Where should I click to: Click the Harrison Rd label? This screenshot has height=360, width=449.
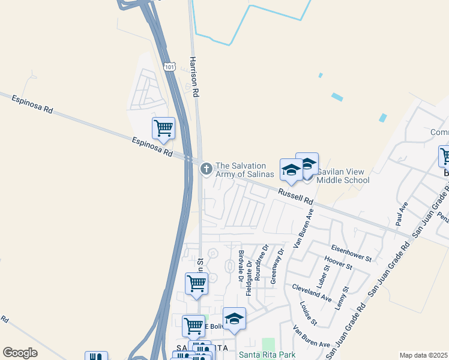[x=194, y=77]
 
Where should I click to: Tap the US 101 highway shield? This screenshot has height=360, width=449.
[x=169, y=66]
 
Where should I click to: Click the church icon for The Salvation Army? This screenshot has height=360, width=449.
[x=206, y=170]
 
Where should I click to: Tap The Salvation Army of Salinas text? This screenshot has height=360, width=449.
[x=245, y=170]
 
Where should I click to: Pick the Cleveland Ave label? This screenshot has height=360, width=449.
[x=312, y=293]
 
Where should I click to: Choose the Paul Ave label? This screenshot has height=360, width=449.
[x=400, y=213]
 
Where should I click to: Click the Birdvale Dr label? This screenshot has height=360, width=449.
[x=240, y=266]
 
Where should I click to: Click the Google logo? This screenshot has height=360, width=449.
[x=20, y=353]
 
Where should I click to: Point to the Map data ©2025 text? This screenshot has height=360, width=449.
[x=423, y=355]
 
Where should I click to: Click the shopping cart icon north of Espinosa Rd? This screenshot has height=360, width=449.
[x=163, y=128]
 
